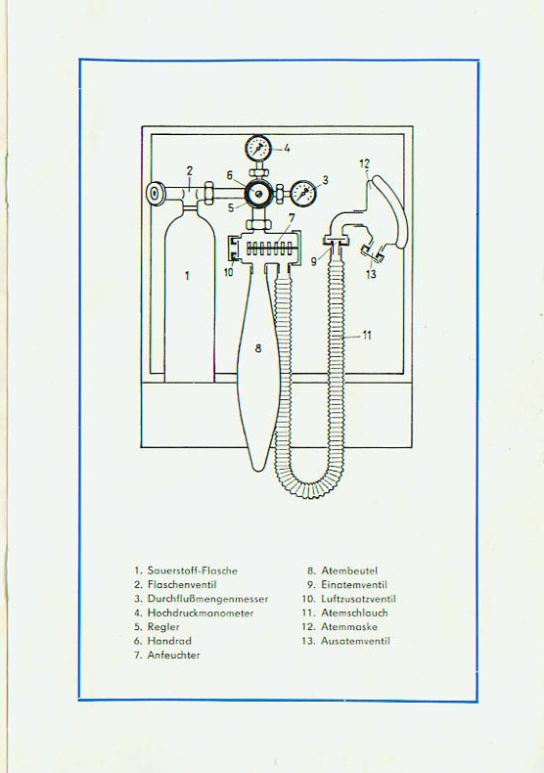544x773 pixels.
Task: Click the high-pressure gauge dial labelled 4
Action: (x=257, y=148)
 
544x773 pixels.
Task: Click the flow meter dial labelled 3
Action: (x=303, y=193)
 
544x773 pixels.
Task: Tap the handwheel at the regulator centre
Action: (x=257, y=193)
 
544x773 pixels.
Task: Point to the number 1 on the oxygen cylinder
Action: (x=187, y=276)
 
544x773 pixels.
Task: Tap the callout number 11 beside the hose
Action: (x=367, y=336)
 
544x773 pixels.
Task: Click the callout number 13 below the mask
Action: (x=371, y=274)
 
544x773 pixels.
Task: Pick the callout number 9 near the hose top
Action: (x=314, y=261)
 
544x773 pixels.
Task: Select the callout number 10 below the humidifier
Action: (x=229, y=272)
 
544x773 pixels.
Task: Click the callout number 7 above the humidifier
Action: (x=292, y=217)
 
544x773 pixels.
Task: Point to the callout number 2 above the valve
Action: (x=189, y=171)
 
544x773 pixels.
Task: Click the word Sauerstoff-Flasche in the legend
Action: (x=193, y=570)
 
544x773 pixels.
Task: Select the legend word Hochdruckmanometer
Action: (x=201, y=614)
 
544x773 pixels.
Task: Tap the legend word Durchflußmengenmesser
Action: (x=208, y=599)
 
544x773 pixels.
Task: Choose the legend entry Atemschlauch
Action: (x=354, y=613)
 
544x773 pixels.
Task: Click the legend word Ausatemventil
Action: (x=355, y=641)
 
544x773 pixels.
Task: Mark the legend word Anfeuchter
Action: (x=173, y=656)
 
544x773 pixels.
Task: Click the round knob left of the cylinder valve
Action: (x=157, y=193)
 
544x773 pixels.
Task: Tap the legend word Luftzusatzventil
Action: (x=358, y=599)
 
